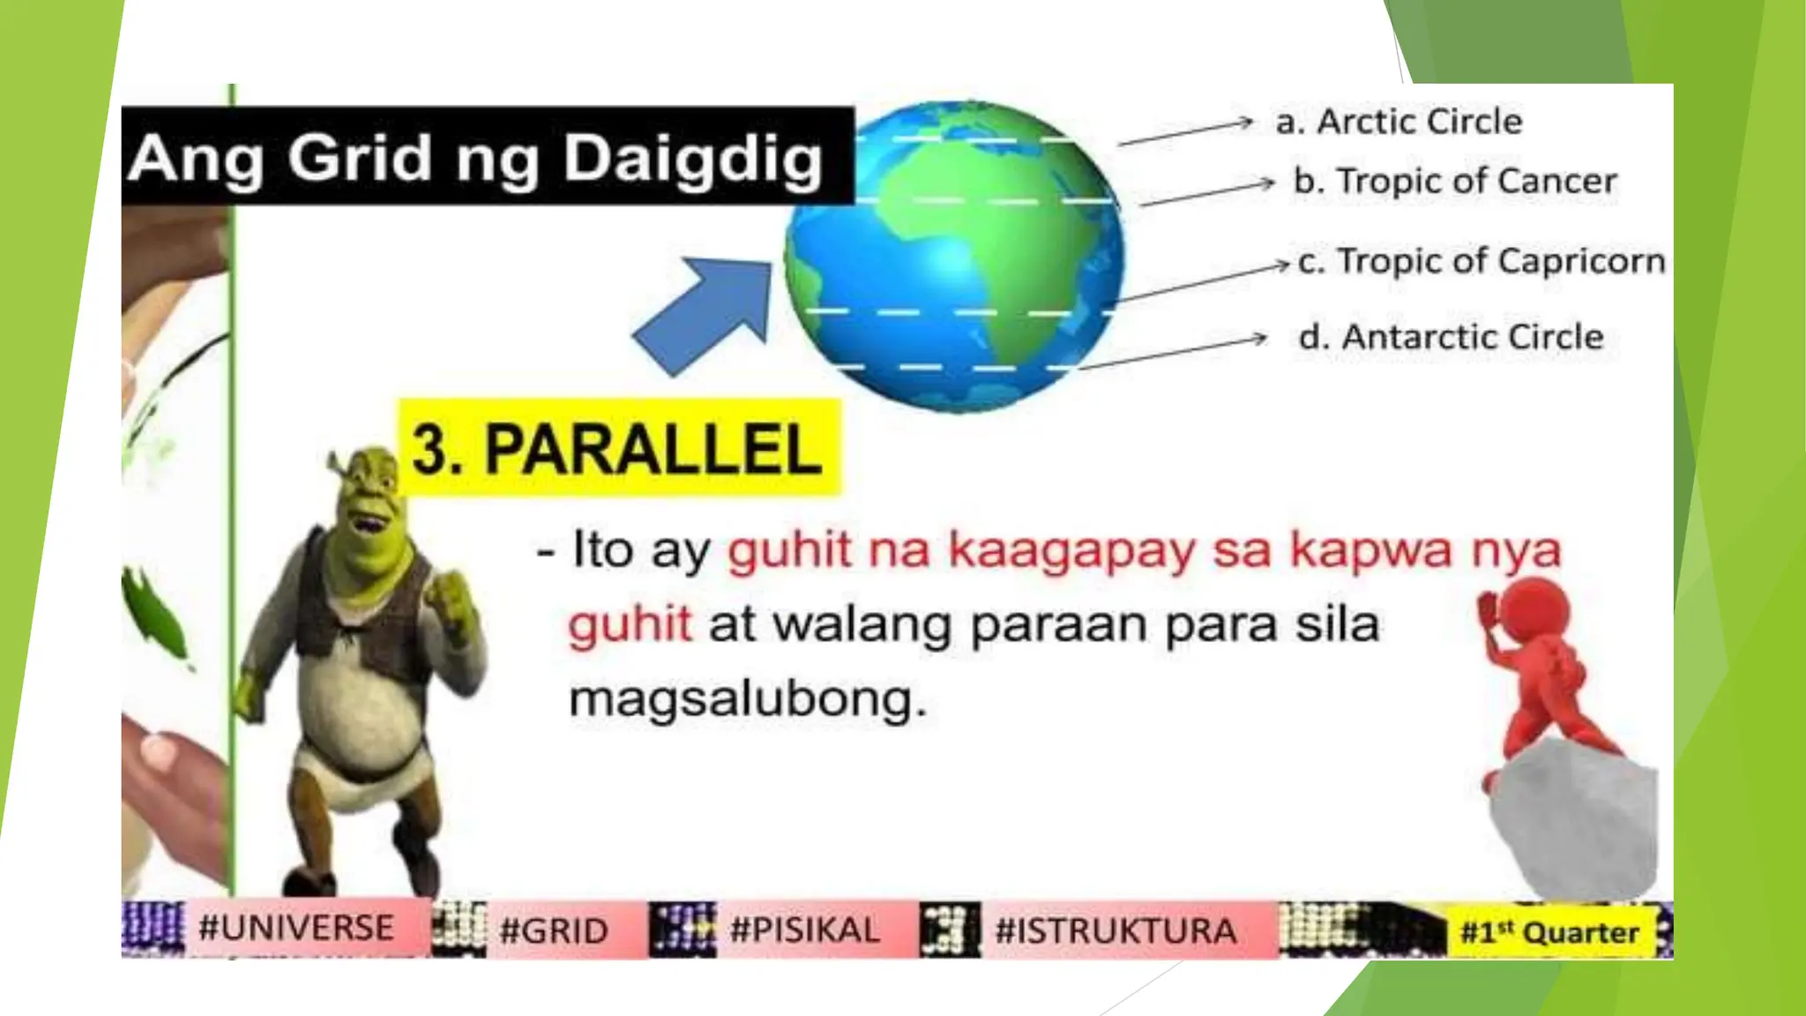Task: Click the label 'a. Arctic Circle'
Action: (1399, 122)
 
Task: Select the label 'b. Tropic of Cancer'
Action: (1455, 182)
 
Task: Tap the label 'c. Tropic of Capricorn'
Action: (1481, 262)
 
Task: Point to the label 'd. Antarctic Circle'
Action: (1451, 338)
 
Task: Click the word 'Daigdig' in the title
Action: (693, 159)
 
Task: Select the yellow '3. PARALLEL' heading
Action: (617, 449)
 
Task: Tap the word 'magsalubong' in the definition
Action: (746, 701)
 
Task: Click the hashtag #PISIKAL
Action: (805, 930)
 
